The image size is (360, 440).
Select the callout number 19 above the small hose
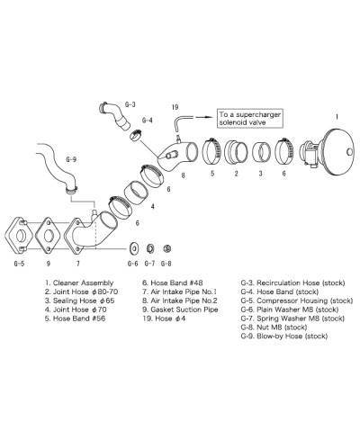[175, 106]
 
